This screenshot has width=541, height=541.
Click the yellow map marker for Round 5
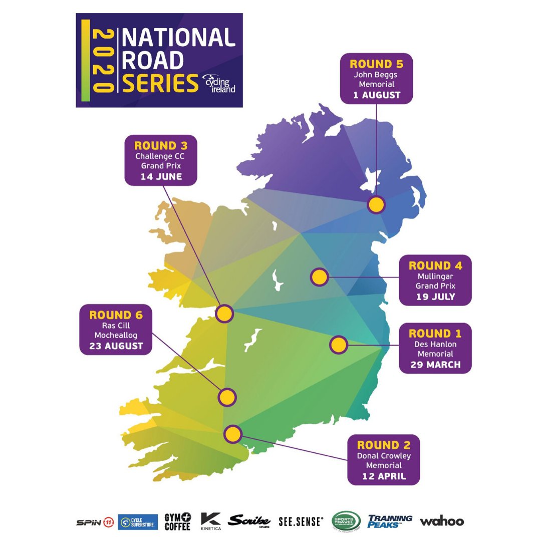(376, 205)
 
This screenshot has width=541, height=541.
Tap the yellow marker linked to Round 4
(319, 277)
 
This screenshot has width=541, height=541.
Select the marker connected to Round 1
(338, 345)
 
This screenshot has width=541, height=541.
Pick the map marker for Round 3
(224, 314)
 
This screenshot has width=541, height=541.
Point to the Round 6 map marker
(227, 397)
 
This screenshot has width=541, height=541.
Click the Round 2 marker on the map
(232, 434)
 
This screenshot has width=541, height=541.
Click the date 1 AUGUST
(377, 95)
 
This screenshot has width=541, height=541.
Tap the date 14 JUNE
(161, 177)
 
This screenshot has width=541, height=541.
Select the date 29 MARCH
(435, 365)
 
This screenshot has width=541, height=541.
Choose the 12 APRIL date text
(384, 476)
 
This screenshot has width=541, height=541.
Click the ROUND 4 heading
(435, 265)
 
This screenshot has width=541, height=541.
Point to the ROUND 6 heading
(116, 315)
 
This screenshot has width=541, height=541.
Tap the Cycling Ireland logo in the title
(218, 85)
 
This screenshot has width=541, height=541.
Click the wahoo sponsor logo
(442, 521)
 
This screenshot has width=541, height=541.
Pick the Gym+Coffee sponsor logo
(178, 521)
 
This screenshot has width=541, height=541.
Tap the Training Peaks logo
(390, 521)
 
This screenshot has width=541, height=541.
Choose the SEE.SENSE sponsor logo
(301, 521)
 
